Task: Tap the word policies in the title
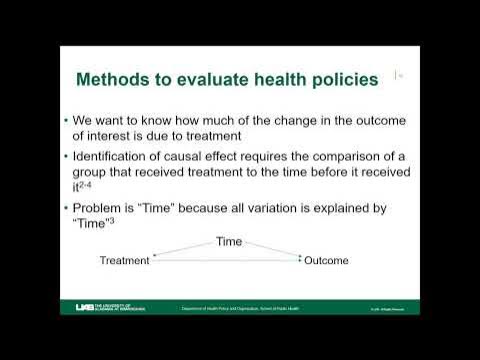332,80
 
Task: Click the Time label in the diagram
229,242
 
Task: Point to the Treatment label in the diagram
125,261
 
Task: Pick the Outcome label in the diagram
327,261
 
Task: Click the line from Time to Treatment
184,250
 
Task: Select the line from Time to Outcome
272,250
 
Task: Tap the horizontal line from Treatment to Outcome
225,261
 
